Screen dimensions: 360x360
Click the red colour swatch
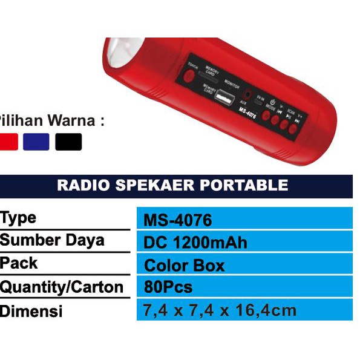tap(8, 142)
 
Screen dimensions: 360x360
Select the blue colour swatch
tap(36, 142)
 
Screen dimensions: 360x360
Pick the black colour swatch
tap(68, 142)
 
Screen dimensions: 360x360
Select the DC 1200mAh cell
tap(195, 243)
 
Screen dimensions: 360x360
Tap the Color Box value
tap(184, 266)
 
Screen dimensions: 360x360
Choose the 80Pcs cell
tap(169, 287)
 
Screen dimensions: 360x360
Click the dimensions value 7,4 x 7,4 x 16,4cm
tap(220, 310)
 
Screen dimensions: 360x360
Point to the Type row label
tap(18, 218)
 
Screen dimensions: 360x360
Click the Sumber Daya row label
tap(52, 240)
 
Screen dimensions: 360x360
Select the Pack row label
tap(19, 263)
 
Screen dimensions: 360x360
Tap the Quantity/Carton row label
tap(62, 287)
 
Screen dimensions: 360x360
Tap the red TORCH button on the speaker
tap(189, 76)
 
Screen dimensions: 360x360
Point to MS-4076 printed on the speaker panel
tap(248, 112)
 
